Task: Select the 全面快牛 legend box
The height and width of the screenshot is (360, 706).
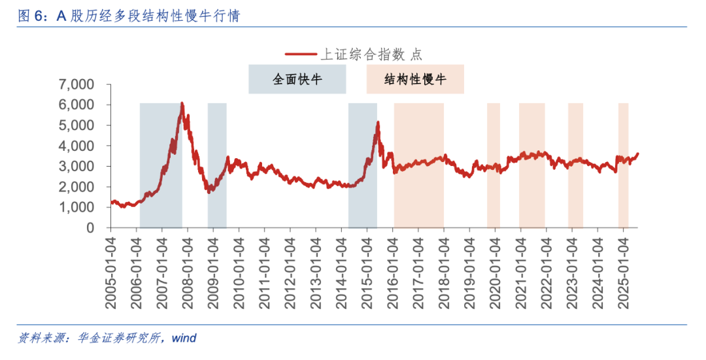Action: [x=297, y=79]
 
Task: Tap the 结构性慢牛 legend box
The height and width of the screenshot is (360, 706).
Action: [x=415, y=79]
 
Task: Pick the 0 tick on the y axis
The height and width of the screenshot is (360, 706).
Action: [x=91, y=227]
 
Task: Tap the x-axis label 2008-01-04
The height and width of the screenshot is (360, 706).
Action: [x=188, y=269]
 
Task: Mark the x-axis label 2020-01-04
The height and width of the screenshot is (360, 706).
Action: [x=495, y=269]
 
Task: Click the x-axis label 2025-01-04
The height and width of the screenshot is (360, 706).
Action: [x=622, y=269]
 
